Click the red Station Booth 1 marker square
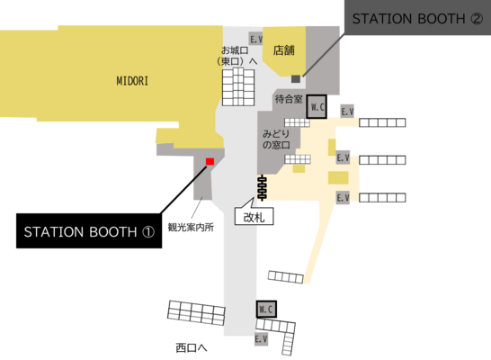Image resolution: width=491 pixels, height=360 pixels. [210, 161]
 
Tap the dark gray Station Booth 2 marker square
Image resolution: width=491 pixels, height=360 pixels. [296, 78]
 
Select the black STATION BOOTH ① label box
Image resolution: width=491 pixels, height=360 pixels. [89, 231]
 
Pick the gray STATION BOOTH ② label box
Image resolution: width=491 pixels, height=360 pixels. [417, 17]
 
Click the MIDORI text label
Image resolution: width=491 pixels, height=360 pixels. [132, 81]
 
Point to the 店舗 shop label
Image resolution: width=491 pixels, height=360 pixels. [283, 50]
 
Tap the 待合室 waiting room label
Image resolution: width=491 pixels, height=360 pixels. [289, 99]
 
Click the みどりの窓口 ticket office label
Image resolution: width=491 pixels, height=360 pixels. [276, 139]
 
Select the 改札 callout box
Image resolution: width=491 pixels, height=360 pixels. [254, 216]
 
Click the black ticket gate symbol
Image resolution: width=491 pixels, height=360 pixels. [262, 188]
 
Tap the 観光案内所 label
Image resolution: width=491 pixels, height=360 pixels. [191, 227]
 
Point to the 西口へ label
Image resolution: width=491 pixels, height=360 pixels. [192, 347]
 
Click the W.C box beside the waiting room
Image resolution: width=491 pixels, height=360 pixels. [317, 107]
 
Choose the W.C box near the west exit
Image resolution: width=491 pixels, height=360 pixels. [266, 310]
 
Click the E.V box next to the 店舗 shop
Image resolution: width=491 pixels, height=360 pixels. [255, 40]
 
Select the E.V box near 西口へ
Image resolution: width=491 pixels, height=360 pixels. [261, 339]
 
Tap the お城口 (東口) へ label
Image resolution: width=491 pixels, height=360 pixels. [237, 56]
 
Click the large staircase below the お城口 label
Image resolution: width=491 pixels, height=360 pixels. [238, 86]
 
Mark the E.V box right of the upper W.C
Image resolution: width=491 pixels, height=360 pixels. [347, 112]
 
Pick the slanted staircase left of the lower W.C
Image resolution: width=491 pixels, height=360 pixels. [196, 312]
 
